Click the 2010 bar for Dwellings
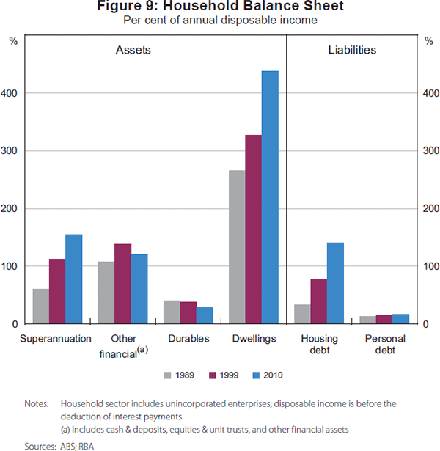click(270, 197)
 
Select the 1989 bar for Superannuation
click(41, 307)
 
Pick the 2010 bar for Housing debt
click(335, 283)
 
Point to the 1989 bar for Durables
click(172, 312)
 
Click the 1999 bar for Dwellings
click(253, 230)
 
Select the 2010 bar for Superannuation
click(73, 279)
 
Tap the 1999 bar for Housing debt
click(318, 301)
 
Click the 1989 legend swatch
click(168, 375)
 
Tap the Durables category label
click(188, 339)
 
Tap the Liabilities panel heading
click(351, 51)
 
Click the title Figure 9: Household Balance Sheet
click(220, 7)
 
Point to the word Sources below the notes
click(40, 445)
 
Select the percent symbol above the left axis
click(13, 41)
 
